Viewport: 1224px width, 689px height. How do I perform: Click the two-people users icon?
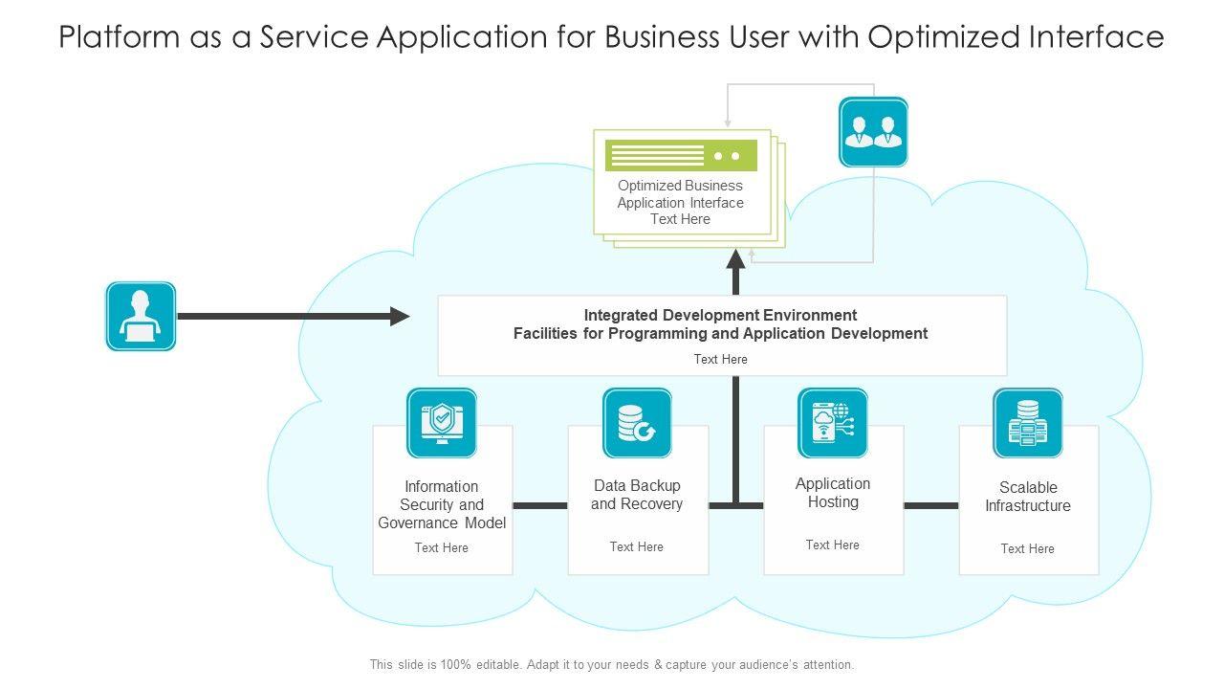pos(873,132)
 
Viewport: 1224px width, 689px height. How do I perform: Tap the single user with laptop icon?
pos(141,316)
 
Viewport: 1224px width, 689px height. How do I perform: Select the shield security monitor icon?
pos(442,423)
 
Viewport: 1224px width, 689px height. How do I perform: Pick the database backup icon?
pos(637,423)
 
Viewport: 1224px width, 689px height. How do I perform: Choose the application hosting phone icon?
pos(833,423)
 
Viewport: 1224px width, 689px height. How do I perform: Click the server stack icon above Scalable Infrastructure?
pos(1028,423)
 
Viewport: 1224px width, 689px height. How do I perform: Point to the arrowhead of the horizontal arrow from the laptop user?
pos(401,316)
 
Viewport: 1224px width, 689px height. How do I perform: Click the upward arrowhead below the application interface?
pos(735,258)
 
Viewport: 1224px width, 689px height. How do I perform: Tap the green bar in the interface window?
pos(681,155)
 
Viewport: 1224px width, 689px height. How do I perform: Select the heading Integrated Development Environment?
pos(720,315)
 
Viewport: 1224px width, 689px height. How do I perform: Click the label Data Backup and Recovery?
pos(637,495)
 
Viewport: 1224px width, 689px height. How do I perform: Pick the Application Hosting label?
pos(833,493)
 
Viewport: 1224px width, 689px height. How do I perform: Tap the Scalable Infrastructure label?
pos(1028,497)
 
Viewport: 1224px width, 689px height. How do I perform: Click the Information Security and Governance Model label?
pos(442,504)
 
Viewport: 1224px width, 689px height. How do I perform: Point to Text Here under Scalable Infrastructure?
pos(1028,548)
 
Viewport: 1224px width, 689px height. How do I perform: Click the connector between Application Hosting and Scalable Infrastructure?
pos(931,505)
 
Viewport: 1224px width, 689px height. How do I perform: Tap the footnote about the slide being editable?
pos(612,664)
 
